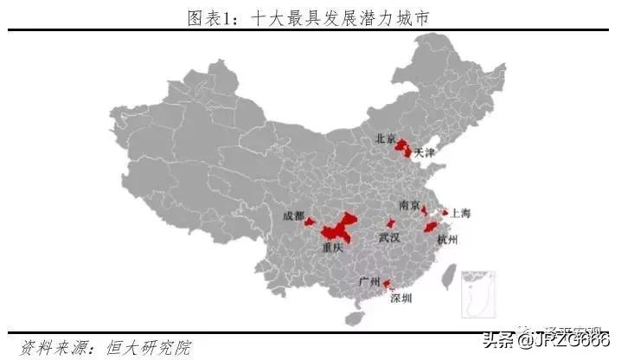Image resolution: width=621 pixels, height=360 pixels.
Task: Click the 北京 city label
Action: [x=385, y=138]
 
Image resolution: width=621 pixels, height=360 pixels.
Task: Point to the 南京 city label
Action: [x=409, y=205]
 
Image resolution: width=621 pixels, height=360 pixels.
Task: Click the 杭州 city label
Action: [x=447, y=239]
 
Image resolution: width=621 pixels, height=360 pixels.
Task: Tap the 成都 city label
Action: [x=293, y=215]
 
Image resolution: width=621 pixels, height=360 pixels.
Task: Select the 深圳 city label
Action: [x=401, y=298]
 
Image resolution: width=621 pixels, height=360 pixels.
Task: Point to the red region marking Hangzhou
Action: [x=430, y=228]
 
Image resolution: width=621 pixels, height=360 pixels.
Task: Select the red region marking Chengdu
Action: [x=310, y=222]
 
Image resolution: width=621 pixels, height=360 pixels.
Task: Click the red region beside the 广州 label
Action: [x=387, y=283]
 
